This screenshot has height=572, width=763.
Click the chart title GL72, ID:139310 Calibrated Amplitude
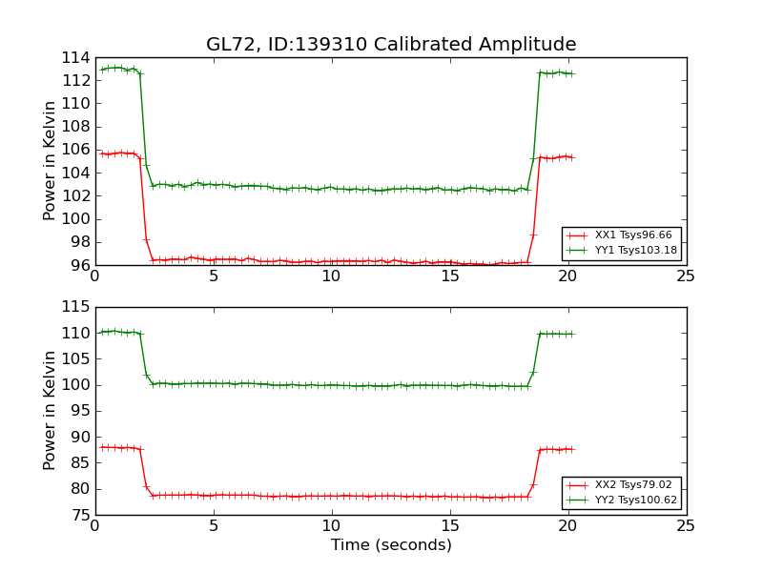pos(391,45)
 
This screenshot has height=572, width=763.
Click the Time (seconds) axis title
pos(391,545)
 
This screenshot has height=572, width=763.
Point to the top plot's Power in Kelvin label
pos(51,161)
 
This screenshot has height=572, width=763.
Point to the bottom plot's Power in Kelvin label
pos(51,411)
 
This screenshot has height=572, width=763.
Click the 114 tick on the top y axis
pos(76,58)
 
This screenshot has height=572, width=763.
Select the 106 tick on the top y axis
pos(76,150)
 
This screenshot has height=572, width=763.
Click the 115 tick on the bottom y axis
pos(76,307)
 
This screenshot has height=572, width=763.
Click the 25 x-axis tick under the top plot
pos(686,276)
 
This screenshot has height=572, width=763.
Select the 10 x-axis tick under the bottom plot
pos(331,526)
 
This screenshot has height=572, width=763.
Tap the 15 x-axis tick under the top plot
pos(449,276)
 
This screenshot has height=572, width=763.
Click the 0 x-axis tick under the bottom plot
pos(94,526)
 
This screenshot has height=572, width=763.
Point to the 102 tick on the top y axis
pos(76,196)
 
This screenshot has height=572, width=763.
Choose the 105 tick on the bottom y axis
pos(76,359)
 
